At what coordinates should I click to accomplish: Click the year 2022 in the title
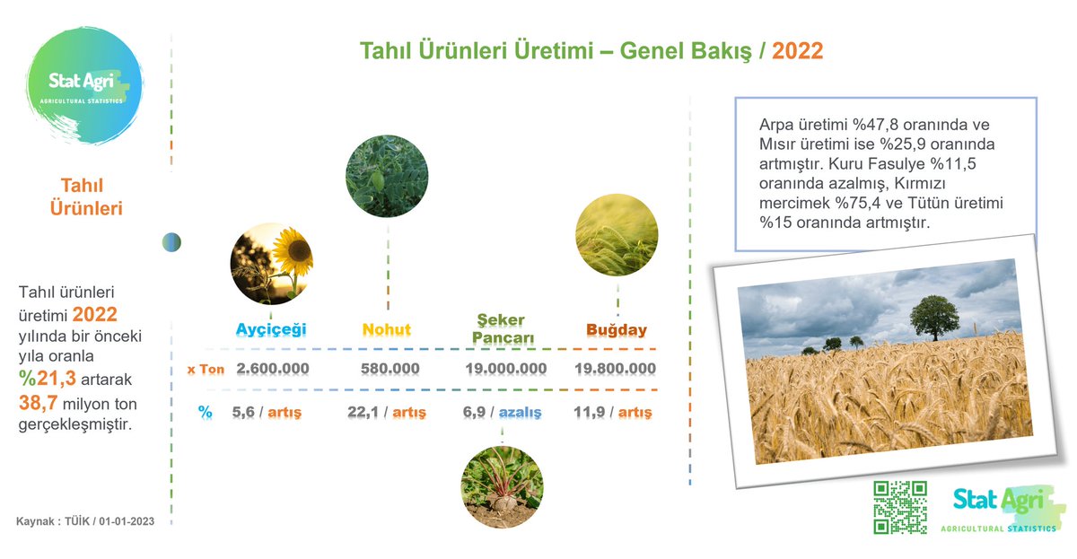coord(797,50)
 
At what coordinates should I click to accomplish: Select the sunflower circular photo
coord(271,264)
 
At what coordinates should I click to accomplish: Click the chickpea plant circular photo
coord(387,176)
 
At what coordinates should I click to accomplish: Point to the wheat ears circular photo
coord(616,235)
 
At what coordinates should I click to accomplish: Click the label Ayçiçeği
coord(271,329)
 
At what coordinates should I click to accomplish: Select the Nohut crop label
coord(387,329)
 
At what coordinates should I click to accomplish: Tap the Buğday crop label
coord(617,329)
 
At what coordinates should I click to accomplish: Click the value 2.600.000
coord(273,369)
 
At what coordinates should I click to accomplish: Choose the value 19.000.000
coord(506,369)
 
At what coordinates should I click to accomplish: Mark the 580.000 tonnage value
coord(390,369)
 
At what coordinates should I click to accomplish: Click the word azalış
coord(521,413)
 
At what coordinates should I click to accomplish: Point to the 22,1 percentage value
coord(363,413)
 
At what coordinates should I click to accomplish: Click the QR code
coord(900,508)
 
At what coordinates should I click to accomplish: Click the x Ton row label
coord(206,369)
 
